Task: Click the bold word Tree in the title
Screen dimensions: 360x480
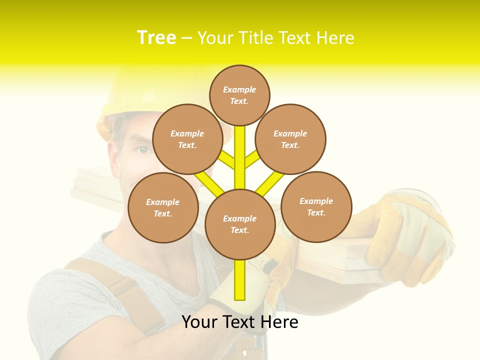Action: [x=156, y=37]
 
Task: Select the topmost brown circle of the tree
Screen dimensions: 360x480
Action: [x=239, y=95]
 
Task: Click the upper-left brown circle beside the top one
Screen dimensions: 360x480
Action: [x=187, y=139]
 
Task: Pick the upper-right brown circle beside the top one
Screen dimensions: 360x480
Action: [x=290, y=139]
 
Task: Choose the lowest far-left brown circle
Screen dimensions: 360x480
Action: [x=163, y=207]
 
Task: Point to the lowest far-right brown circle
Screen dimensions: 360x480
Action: [x=316, y=206]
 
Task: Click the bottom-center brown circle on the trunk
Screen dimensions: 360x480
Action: [x=240, y=224]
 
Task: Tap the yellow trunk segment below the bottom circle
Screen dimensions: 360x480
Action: [x=240, y=280]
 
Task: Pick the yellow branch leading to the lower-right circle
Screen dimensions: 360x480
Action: [x=270, y=183]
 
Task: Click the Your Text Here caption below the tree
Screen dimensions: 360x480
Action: [x=240, y=321]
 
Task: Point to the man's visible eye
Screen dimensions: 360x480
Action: [x=143, y=149]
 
